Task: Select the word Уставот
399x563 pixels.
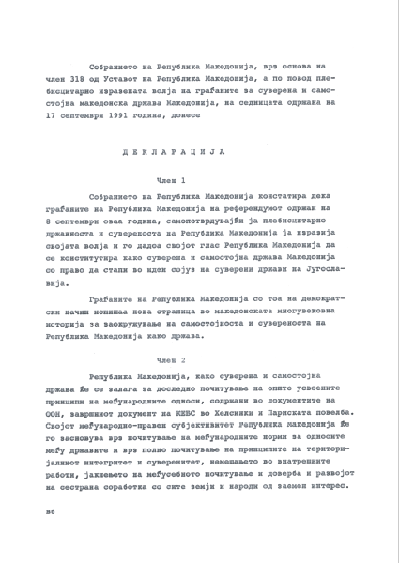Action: pos(130,81)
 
